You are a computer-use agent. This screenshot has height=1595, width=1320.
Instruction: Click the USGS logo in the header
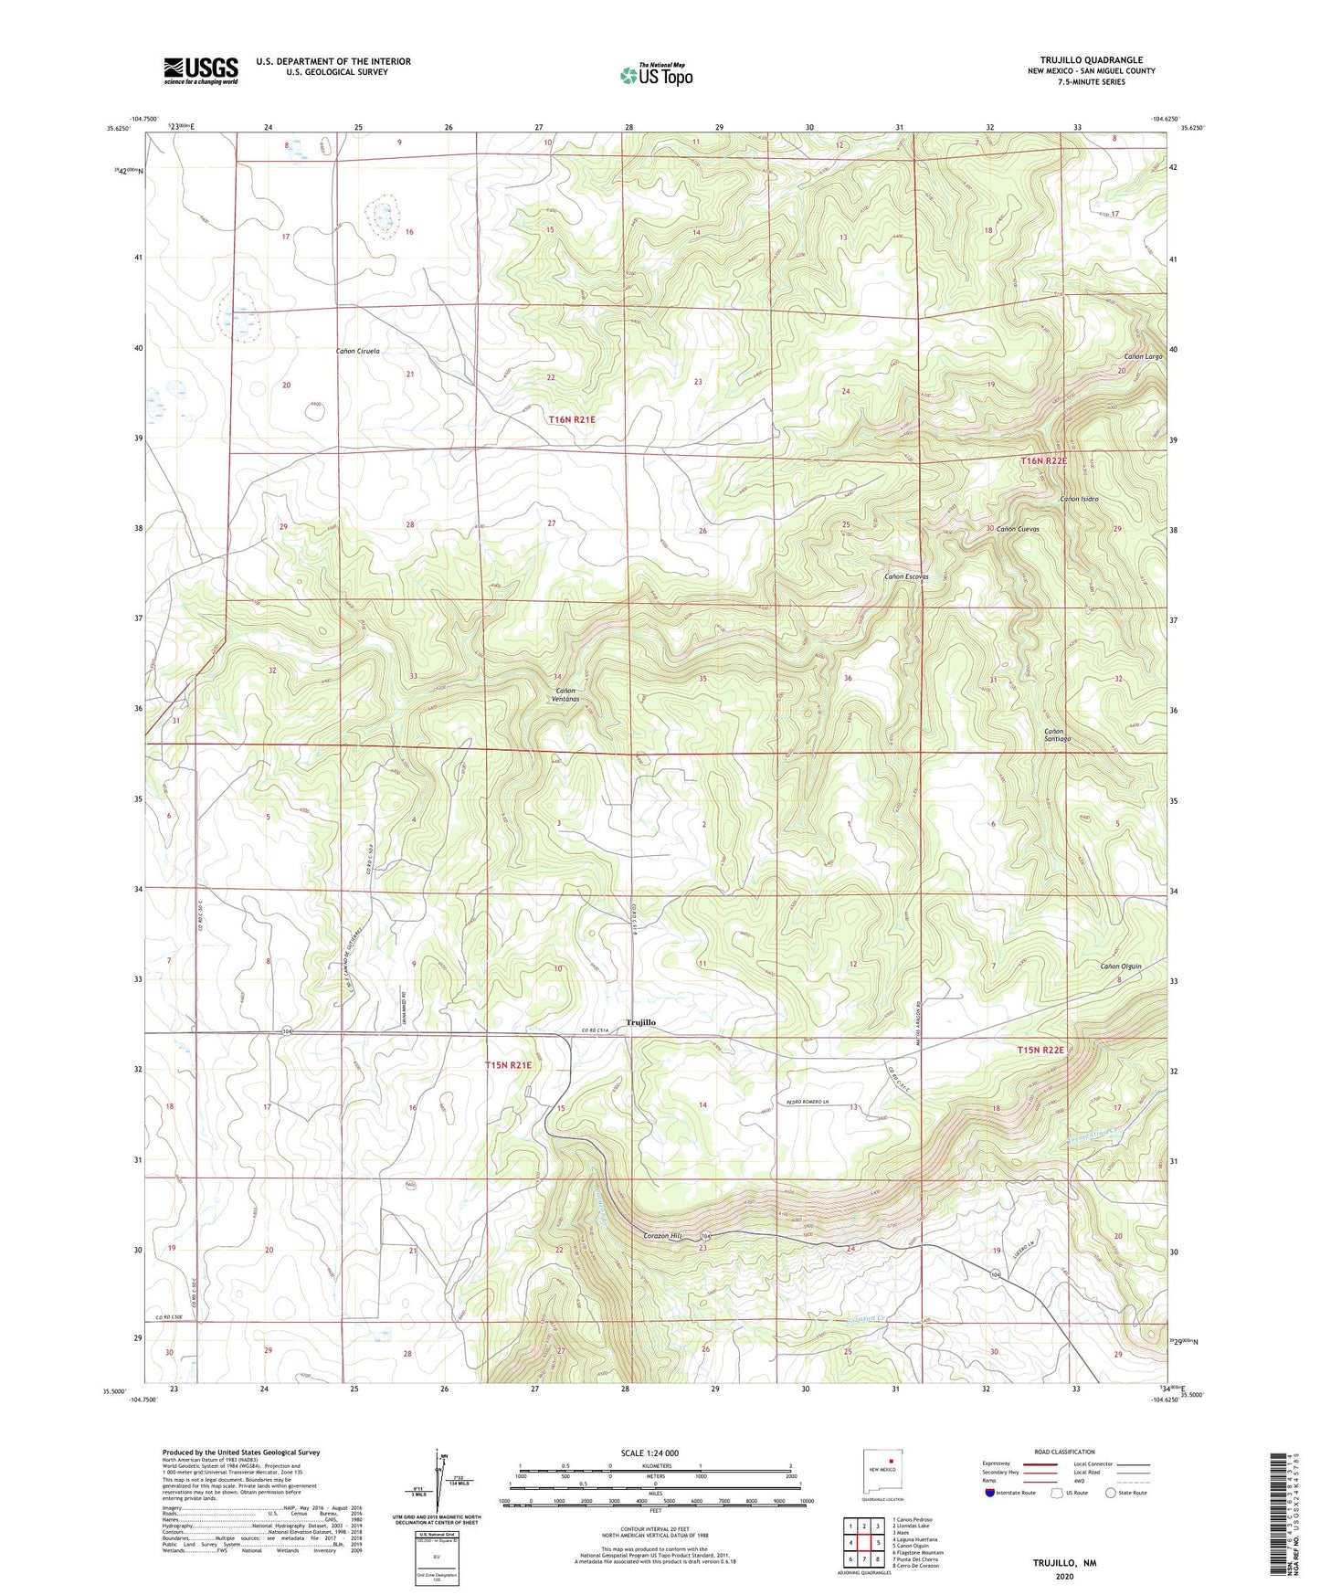(x=201, y=70)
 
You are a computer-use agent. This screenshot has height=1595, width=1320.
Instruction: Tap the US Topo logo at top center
(x=656, y=75)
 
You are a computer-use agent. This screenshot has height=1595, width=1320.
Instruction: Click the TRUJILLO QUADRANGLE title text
(x=1091, y=60)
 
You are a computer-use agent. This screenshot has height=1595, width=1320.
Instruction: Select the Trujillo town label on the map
(x=640, y=1022)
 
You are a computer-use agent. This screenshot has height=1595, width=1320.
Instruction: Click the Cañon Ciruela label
(x=358, y=351)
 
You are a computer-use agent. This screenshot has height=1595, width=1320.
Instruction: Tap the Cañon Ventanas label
(x=566, y=694)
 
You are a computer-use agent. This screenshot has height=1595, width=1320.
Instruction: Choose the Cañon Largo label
(x=1143, y=356)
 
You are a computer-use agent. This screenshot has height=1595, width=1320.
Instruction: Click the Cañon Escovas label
(x=906, y=576)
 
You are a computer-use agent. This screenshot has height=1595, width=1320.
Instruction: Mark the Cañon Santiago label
(x=1057, y=734)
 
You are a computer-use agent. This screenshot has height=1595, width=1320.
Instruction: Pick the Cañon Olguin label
(x=1121, y=967)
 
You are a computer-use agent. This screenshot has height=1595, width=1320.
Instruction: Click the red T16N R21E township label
(x=572, y=419)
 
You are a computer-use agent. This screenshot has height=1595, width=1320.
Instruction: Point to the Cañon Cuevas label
(x=1017, y=529)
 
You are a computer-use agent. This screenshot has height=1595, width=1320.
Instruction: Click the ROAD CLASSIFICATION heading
(x=1064, y=1452)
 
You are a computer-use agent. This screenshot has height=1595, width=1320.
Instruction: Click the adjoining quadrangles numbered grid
(x=863, y=1543)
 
